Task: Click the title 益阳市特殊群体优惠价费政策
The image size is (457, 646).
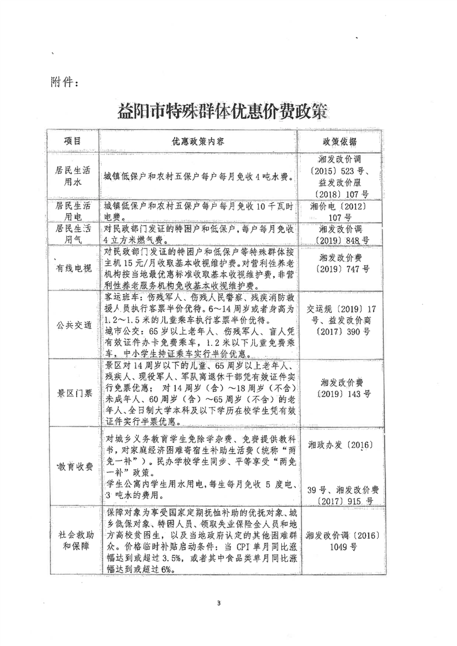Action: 226,109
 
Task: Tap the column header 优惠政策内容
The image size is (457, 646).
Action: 199,142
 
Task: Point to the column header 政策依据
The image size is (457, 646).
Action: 339,142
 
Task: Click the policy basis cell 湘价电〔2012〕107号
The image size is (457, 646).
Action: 339,211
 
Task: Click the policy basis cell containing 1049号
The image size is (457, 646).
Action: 339,540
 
